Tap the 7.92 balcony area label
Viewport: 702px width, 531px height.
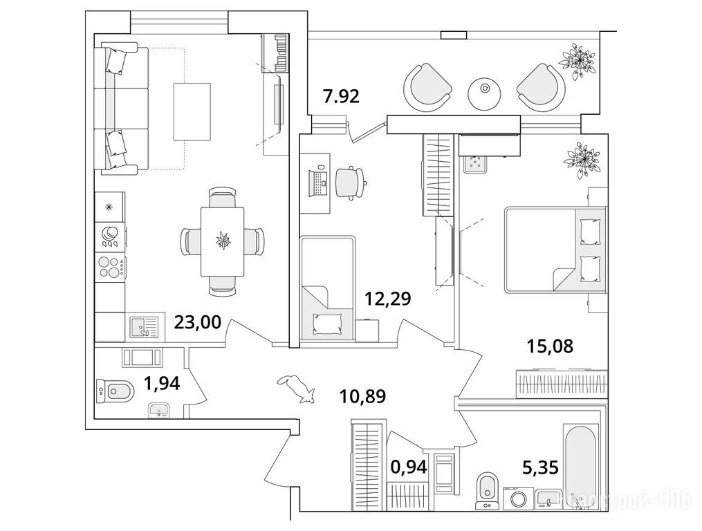[x=341, y=96]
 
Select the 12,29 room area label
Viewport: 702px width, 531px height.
[x=388, y=299]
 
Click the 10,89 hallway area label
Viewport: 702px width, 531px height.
[x=362, y=397]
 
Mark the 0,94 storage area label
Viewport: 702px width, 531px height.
[x=409, y=466]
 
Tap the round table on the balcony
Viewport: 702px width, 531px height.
[x=484, y=90]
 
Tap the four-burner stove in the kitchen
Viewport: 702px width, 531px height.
[x=110, y=267]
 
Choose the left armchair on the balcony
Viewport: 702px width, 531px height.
[x=427, y=86]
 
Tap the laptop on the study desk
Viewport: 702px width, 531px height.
[x=317, y=182]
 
